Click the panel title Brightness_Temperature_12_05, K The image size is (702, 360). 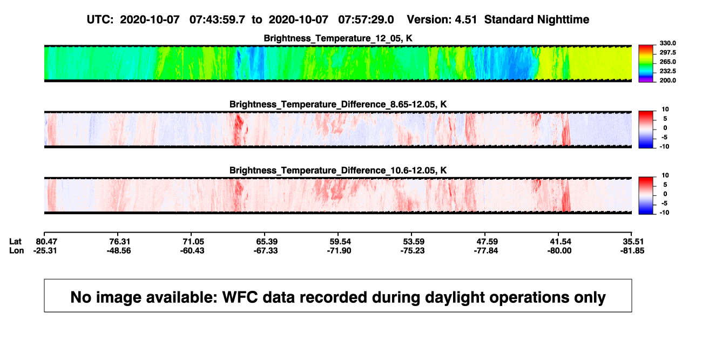click(338, 38)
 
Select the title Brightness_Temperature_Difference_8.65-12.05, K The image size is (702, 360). click(338, 104)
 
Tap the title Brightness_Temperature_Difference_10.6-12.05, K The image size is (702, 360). click(338, 171)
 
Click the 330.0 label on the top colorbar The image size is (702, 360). click(667, 43)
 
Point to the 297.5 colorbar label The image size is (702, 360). click(667, 53)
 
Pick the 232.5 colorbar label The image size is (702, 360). click(667, 71)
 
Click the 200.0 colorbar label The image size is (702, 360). click(667, 80)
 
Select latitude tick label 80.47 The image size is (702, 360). click(46, 242)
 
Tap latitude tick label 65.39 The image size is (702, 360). click(267, 242)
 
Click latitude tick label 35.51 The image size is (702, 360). click(633, 242)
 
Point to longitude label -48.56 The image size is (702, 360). click(119, 250)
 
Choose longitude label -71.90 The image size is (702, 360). click(339, 250)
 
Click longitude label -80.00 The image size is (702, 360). click(559, 250)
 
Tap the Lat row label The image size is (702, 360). click(15, 242)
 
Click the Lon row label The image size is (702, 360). click(16, 250)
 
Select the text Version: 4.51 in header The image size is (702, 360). click(442, 19)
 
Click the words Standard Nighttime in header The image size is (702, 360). click(537, 19)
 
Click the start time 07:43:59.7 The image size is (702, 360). click(217, 19)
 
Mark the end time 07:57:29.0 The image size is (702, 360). click(366, 19)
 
